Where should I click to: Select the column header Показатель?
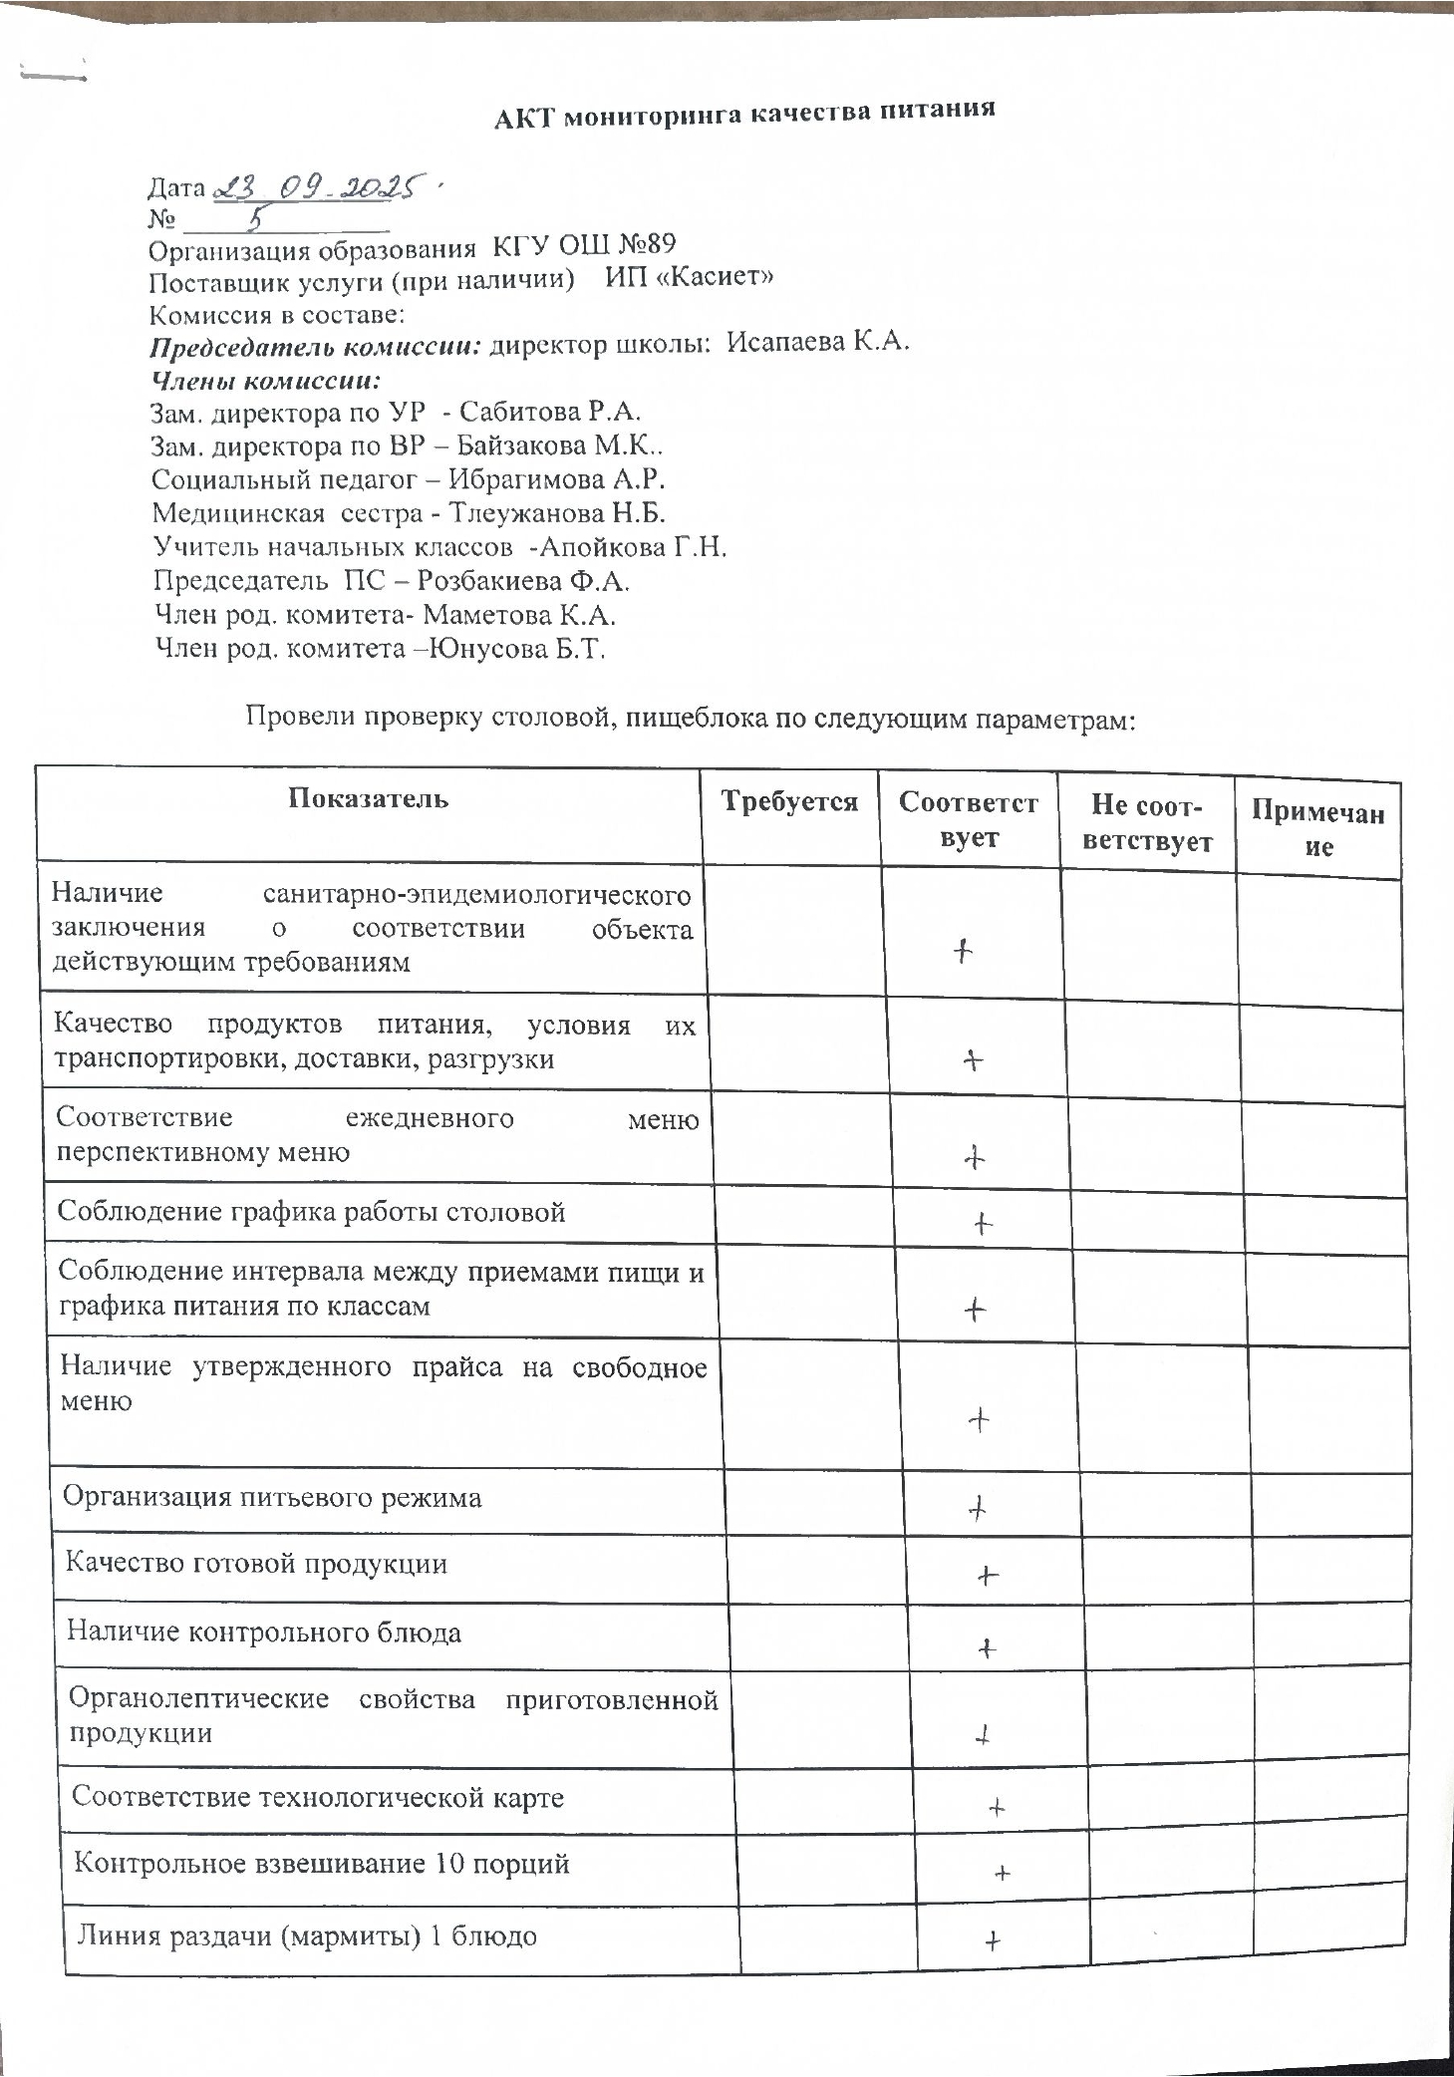tap(369, 798)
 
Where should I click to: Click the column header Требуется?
tap(789, 802)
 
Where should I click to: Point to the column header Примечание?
tap(1317, 829)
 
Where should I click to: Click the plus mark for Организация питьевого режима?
tap(978, 1508)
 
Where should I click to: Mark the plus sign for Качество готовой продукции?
tap(987, 1576)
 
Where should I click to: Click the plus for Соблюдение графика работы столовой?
tap(983, 1223)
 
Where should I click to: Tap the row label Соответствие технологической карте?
tap(318, 1797)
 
